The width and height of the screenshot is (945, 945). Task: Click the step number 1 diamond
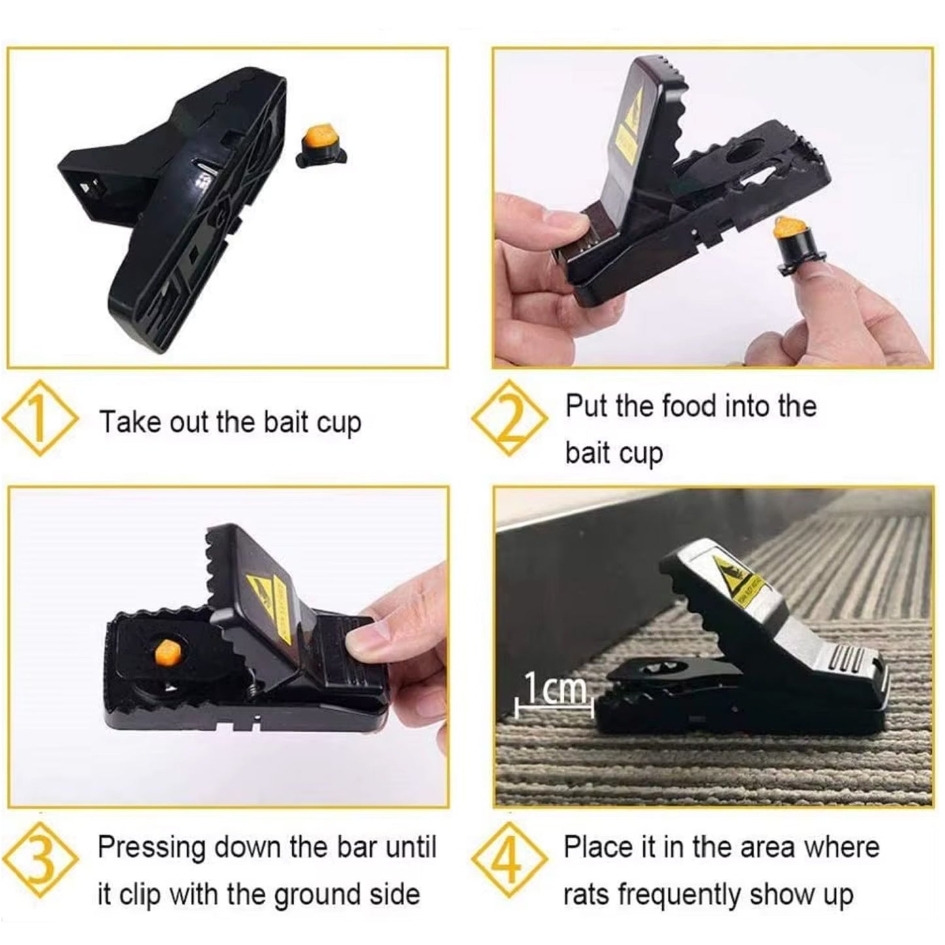coord(41,419)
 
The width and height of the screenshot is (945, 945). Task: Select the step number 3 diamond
coord(41,861)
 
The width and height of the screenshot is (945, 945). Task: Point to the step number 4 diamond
coord(509,861)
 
